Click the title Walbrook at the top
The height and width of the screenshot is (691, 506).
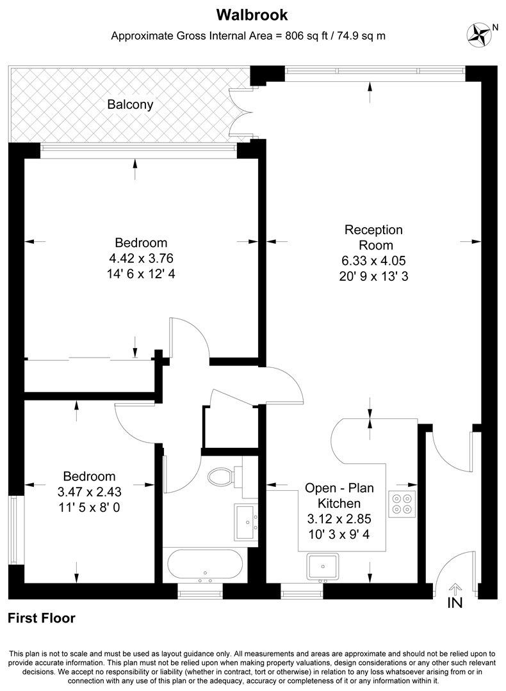pyautogui.click(x=252, y=13)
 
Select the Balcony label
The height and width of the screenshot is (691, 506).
pyautogui.click(x=130, y=104)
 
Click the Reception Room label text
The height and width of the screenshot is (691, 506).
pyautogui.click(x=373, y=237)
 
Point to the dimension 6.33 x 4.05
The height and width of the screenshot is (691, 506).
pyautogui.click(x=373, y=261)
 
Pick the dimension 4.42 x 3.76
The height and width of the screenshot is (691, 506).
pyautogui.click(x=141, y=258)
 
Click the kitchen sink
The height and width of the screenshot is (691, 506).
pyautogui.click(x=322, y=566)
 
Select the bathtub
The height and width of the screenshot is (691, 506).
pyautogui.click(x=205, y=564)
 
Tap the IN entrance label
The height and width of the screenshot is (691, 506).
pyautogui.click(x=455, y=603)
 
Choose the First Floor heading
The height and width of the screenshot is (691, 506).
pyautogui.click(x=42, y=618)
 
